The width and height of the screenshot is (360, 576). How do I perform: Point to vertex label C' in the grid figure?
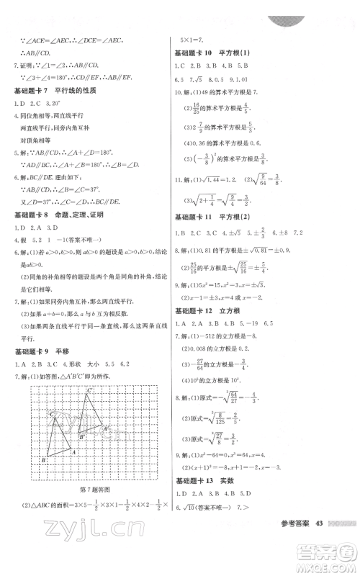pos(91,390)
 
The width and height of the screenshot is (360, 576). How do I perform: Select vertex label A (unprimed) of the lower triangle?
pos(74,451)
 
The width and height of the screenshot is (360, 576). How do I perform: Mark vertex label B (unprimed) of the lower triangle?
pos(44,459)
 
